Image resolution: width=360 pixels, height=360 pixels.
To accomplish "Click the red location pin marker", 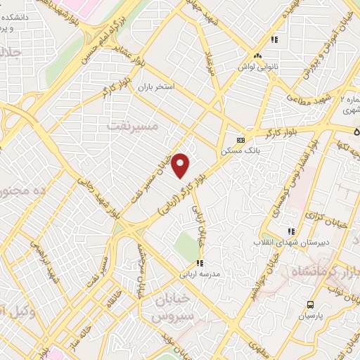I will [181, 165].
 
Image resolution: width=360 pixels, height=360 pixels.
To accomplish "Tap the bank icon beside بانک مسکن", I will [240, 140].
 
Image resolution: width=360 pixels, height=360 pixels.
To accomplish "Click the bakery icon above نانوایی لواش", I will [258, 55].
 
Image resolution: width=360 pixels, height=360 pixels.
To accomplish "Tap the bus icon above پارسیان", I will [310, 304].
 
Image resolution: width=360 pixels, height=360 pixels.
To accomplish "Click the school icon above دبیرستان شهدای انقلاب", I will [289, 231].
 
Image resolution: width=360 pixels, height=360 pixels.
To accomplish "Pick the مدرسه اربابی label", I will [200, 274].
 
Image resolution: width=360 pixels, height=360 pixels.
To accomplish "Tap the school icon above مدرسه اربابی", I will [200, 264].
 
